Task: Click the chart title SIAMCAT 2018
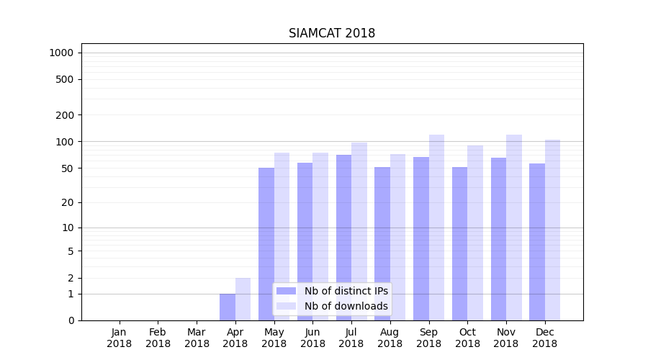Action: click(x=332, y=33)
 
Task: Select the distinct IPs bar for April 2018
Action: click(x=228, y=307)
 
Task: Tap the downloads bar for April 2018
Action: click(x=243, y=299)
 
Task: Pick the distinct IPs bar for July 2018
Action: click(x=343, y=238)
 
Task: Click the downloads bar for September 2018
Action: click(x=436, y=228)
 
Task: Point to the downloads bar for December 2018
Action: click(x=552, y=230)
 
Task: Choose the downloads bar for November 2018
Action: click(x=514, y=228)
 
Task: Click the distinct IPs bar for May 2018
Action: click(x=266, y=244)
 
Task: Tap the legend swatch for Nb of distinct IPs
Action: click(x=286, y=291)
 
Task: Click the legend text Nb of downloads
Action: click(x=346, y=306)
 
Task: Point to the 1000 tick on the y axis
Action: click(x=62, y=53)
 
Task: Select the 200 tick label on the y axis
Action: click(x=65, y=115)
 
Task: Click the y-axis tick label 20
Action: click(x=68, y=202)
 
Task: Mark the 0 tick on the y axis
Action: click(x=71, y=320)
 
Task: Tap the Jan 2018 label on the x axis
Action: click(x=120, y=338)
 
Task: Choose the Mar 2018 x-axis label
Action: click(x=197, y=338)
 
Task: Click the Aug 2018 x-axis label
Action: click(x=390, y=338)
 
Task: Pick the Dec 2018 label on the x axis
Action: click(x=545, y=338)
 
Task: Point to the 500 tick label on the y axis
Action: click(x=65, y=79)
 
